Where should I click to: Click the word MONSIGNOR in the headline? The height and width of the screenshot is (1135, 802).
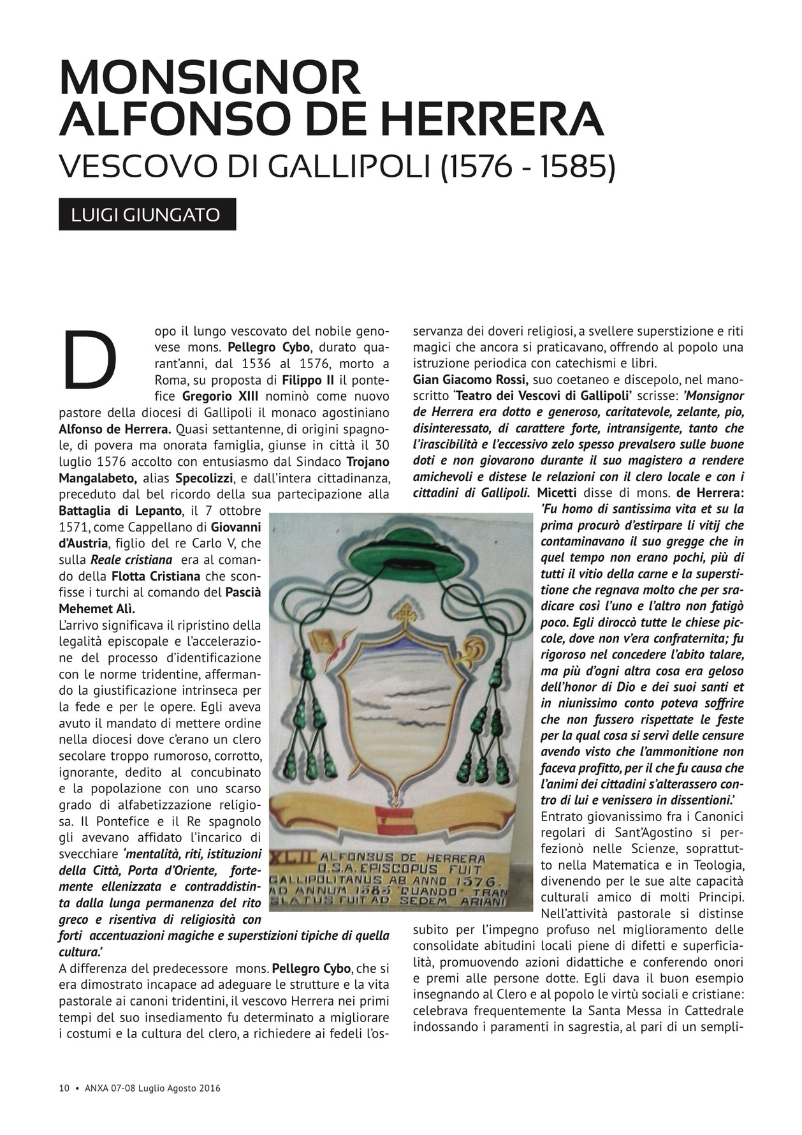click(210, 78)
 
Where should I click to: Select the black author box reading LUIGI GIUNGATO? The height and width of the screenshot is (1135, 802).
click(147, 214)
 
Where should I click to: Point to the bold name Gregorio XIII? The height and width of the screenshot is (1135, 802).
click(220, 396)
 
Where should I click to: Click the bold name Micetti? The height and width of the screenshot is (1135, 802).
click(557, 493)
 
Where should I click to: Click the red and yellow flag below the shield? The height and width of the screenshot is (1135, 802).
click(395, 820)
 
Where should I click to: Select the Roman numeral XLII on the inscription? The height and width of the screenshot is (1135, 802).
click(289, 857)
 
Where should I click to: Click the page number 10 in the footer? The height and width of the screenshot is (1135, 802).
click(64, 1088)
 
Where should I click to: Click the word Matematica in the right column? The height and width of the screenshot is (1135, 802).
click(628, 866)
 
